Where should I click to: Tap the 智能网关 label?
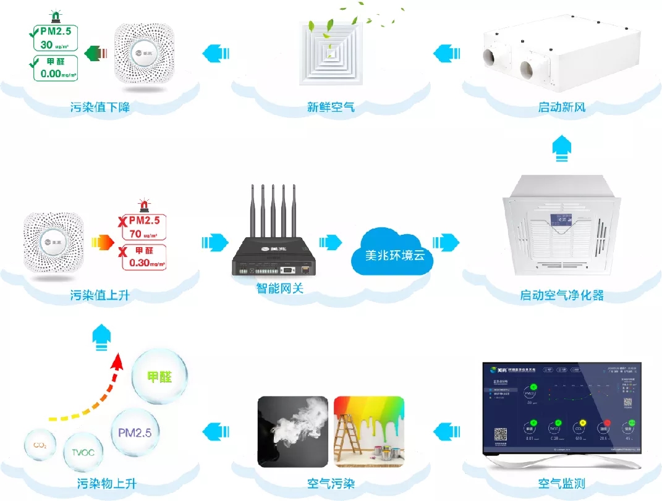coord(280,288)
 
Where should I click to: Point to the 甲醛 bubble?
coord(158,377)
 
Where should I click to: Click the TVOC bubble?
coord(83,452)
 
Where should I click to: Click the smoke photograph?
coord(293,432)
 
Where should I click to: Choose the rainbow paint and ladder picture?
coord(368,432)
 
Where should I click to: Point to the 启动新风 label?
coord(561,108)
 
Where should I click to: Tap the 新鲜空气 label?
coord(331,108)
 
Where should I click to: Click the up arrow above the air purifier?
coord(561,149)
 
